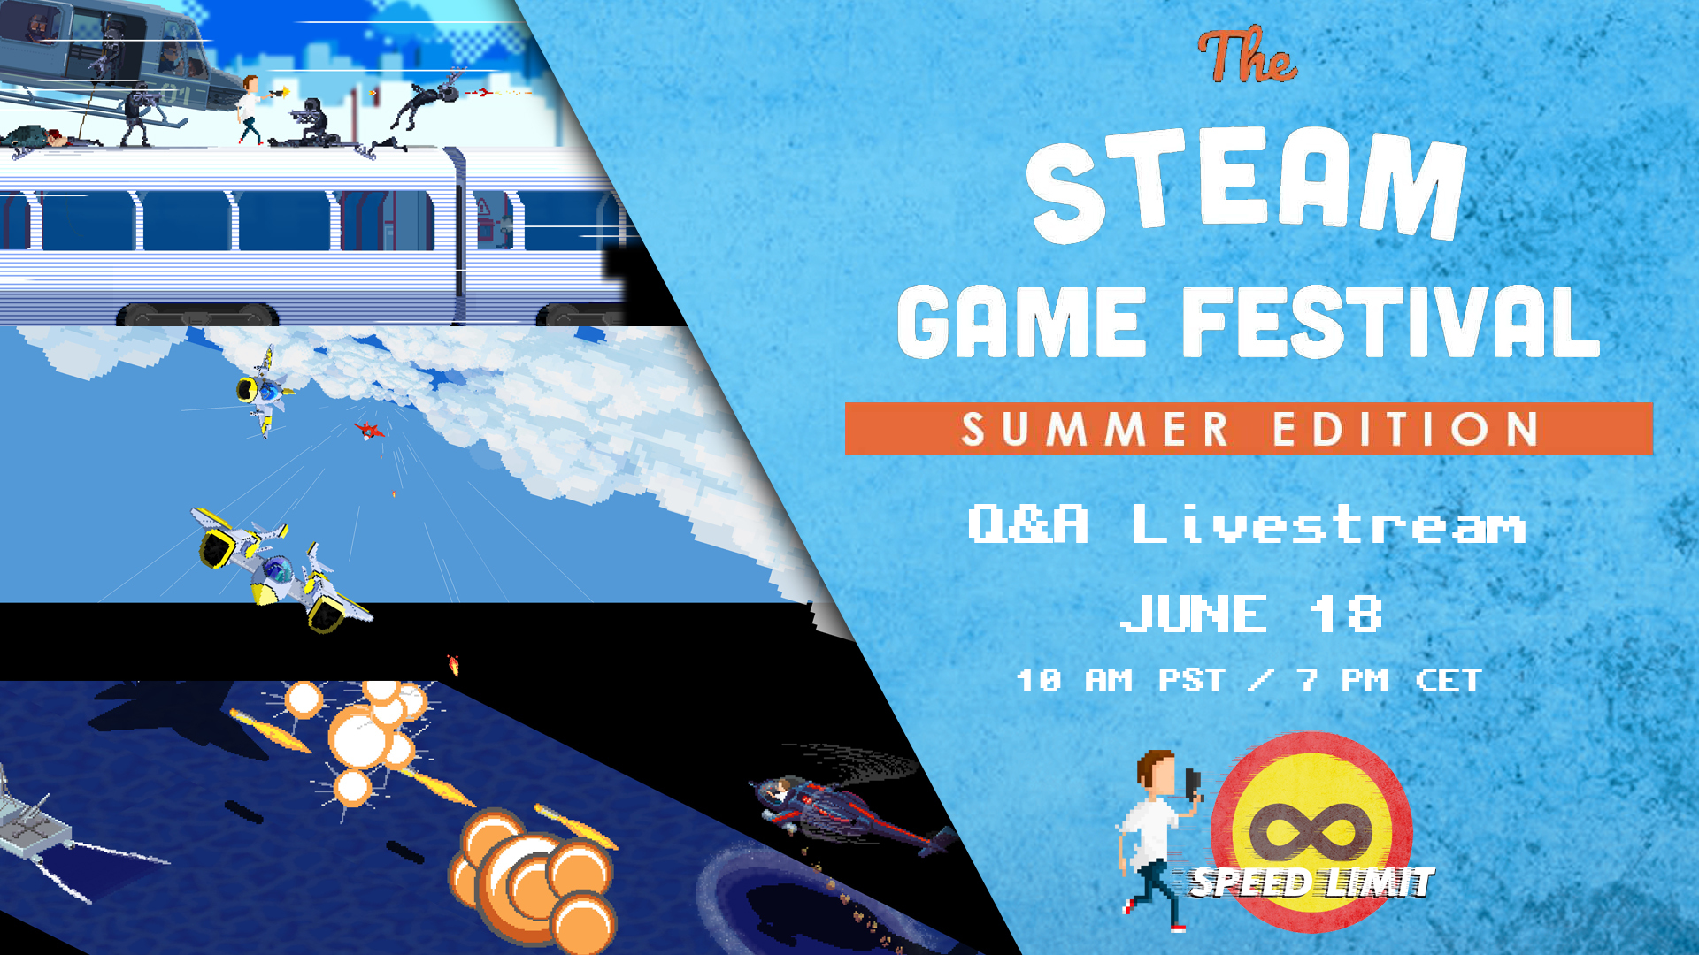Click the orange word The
[x=1247, y=56]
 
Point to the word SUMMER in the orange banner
[x=1096, y=430]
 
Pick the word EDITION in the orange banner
[x=1406, y=430]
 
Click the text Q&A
[x=1027, y=523]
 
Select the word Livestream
[x=1329, y=523]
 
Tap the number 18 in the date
[x=1346, y=614]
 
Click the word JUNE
[x=1194, y=614]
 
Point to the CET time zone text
[x=1449, y=680]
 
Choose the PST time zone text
[x=1192, y=680]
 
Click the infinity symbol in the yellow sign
[x=1311, y=831]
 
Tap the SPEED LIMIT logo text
[x=1311, y=882]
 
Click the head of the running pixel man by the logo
[x=1156, y=772]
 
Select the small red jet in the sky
[x=370, y=431]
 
